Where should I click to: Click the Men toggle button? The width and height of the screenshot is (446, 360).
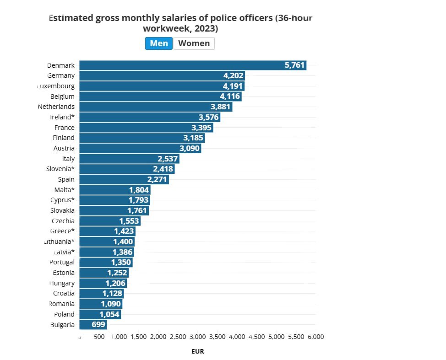click(x=159, y=43)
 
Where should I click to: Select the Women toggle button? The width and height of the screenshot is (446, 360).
click(x=194, y=43)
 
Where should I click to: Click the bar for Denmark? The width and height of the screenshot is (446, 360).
click(x=192, y=65)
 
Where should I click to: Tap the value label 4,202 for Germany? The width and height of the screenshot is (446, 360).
click(x=233, y=76)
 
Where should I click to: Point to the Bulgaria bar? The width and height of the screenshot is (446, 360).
click(x=93, y=325)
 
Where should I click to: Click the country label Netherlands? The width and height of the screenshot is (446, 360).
click(x=56, y=107)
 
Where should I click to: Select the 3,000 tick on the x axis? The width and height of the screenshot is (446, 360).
click(x=197, y=337)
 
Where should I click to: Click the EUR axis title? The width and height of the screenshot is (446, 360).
click(x=197, y=351)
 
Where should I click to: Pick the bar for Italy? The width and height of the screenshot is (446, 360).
click(x=129, y=159)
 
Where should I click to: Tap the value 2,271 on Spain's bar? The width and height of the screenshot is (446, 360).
click(x=157, y=180)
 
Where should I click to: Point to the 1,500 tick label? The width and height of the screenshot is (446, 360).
click(x=138, y=337)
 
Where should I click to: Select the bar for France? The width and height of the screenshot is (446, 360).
click(x=146, y=128)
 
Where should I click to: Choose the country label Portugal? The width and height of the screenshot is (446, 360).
click(x=62, y=262)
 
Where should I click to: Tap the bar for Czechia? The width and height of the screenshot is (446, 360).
click(x=109, y=221)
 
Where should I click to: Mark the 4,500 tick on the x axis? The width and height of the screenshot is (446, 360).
click(x=256, y=337)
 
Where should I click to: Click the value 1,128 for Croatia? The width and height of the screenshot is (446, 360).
click(x=112, y=294)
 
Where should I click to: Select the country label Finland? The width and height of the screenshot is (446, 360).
click(x=64, y=138)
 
